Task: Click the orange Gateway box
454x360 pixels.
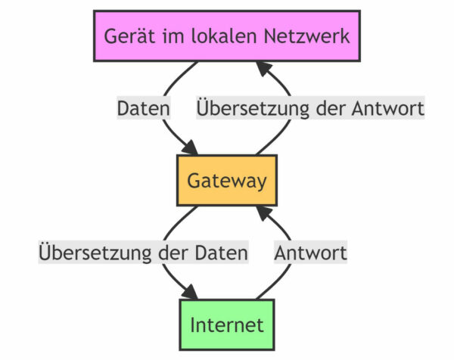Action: (x=226, y=181)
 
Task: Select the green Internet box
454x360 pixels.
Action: (x=226, y=325)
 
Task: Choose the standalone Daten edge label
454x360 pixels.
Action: (x=143, y=109)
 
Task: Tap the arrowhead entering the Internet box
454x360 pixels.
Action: (x=192, y=293)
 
